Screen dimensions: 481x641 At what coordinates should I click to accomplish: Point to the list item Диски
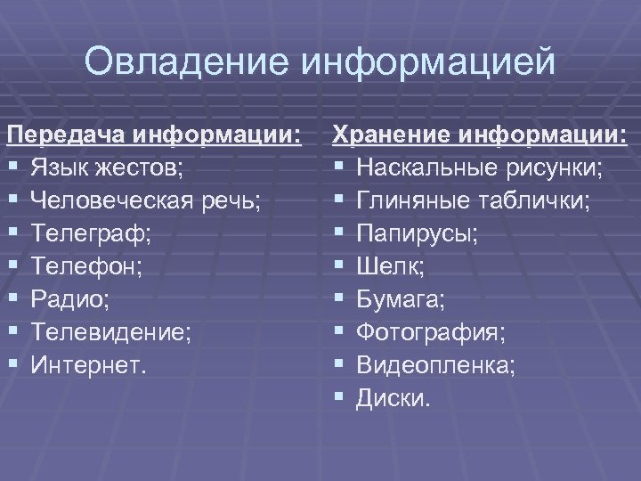tap(393, 396)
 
